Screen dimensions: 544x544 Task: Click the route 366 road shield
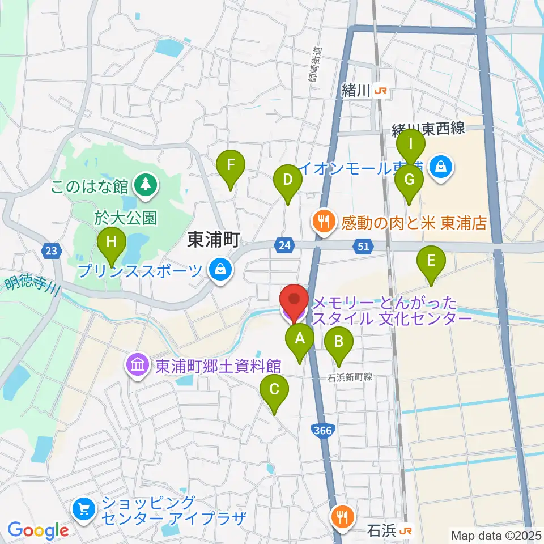coord(322,431)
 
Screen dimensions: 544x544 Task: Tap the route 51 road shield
coord(363,245)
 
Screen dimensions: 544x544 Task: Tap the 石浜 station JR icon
coord(406,531)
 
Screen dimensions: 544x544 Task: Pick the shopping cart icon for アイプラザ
coord(84,509)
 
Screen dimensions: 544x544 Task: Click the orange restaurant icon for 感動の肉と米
coord(325,222)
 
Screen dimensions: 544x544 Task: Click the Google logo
coord(38,530)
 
